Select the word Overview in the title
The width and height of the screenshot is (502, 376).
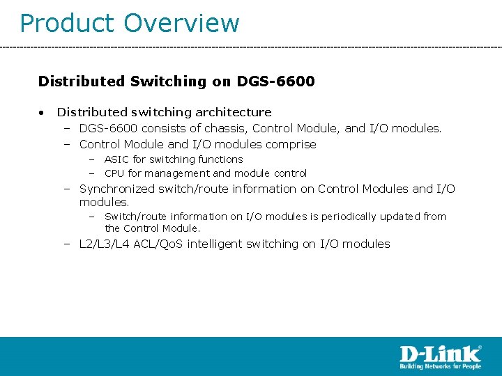[x=181, y=23]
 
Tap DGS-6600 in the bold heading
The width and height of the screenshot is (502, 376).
[x=275, y=81]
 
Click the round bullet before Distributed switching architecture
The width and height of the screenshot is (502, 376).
[x=43, y=112]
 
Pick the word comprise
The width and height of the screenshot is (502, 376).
[x=289, y=144]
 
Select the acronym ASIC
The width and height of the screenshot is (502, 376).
[x=115, y=159]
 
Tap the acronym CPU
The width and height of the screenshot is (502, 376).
[x=114, y=173]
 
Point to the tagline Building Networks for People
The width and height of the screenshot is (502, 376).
[x=440, y=366]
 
